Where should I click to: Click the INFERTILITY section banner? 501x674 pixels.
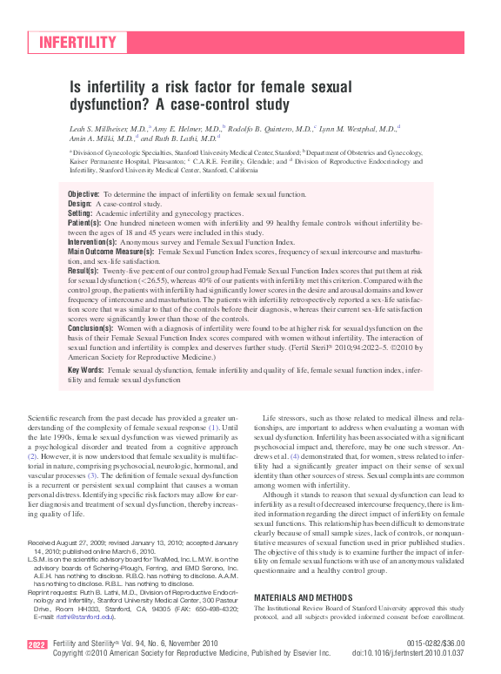77,42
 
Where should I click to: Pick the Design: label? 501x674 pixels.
79,202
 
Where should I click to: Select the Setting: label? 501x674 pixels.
80,212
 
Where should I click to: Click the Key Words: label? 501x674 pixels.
87,370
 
